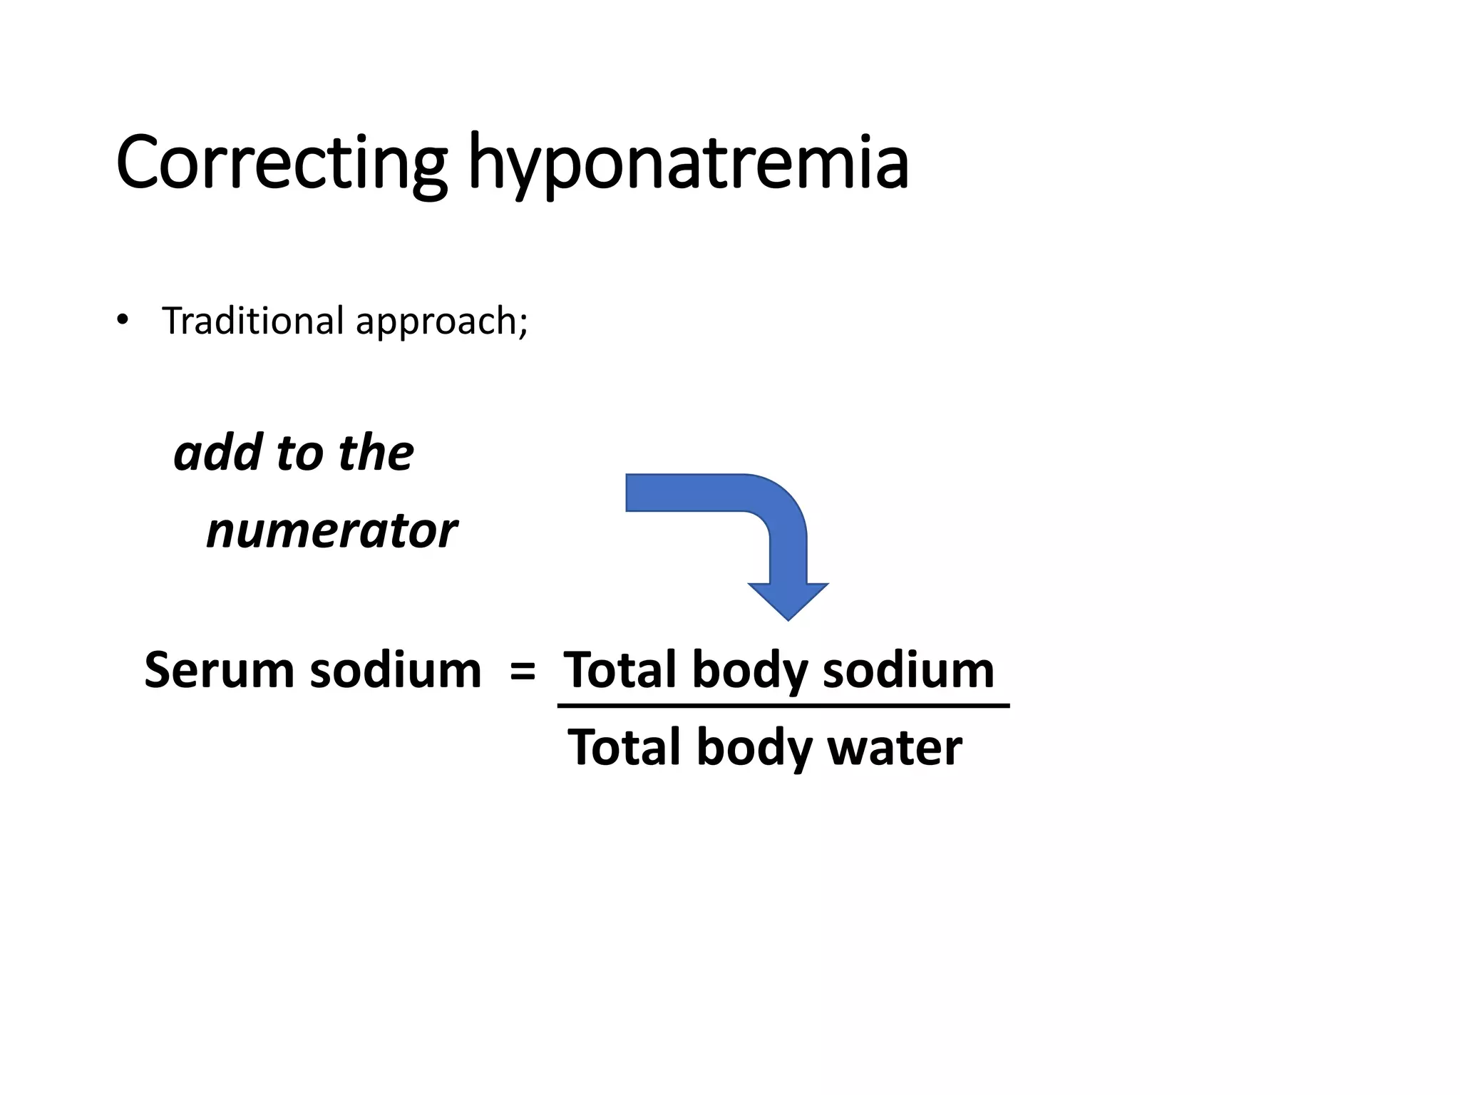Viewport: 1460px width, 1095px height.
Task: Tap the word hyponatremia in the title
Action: (x=688, y=165)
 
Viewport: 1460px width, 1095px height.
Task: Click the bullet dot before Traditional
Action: (x=123, y=320)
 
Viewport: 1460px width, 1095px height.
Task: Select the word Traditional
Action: (x=253, y=320)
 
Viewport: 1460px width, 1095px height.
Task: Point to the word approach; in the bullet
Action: (x=441, y=322)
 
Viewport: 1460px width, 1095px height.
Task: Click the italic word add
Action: (x=218, y=453)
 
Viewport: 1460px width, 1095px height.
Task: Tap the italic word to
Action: (x=299, y=453)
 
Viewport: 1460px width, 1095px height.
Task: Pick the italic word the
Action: (x=376, y=453)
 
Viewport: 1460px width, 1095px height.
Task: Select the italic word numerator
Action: (x=331, y=530)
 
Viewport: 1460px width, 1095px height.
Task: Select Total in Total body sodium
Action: (x=620, y=670)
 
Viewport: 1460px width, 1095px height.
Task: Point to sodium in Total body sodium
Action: (x=908, y=670)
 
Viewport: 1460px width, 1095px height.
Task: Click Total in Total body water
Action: (x=624, y=747)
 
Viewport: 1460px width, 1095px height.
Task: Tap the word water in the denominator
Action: (x=894, y=747)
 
